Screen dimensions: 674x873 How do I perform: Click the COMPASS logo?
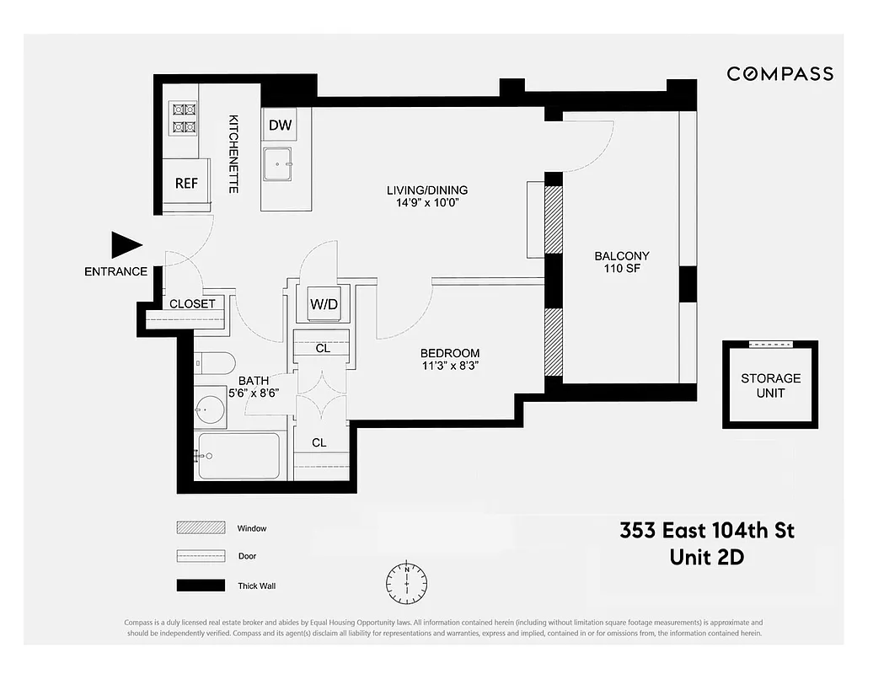tap(779, 74)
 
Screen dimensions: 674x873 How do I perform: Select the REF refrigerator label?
tap(186, 183)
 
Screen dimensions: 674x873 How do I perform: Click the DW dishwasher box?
tap(280, 126)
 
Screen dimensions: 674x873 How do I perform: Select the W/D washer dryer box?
tap(324, 304)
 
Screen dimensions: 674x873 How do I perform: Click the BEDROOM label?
tap(451, 353)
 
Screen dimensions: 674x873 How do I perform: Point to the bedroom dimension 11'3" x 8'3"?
tap(451, 366)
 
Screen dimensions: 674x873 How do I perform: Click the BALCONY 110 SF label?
tap(621, 263)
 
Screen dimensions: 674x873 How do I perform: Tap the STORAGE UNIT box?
tap(770, 386)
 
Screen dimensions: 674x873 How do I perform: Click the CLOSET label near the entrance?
tap(193, 303)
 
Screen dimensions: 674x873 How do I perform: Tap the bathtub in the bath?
tap(239, 456)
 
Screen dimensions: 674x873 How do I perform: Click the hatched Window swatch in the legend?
tap(201, 528)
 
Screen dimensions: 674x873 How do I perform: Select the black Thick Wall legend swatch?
tap(201, 586)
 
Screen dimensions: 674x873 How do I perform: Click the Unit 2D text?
tap(706, 557)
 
